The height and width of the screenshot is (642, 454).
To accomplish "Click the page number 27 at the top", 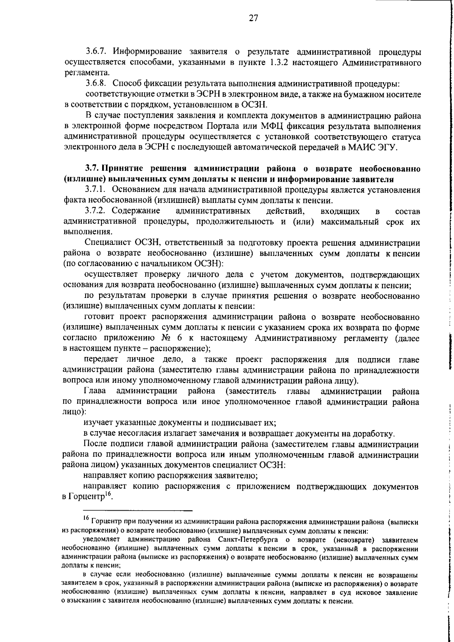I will coord(253,18).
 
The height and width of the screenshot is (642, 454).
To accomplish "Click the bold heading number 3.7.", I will coord(92,169).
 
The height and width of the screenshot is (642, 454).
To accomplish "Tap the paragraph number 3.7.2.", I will coord(96,211).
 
